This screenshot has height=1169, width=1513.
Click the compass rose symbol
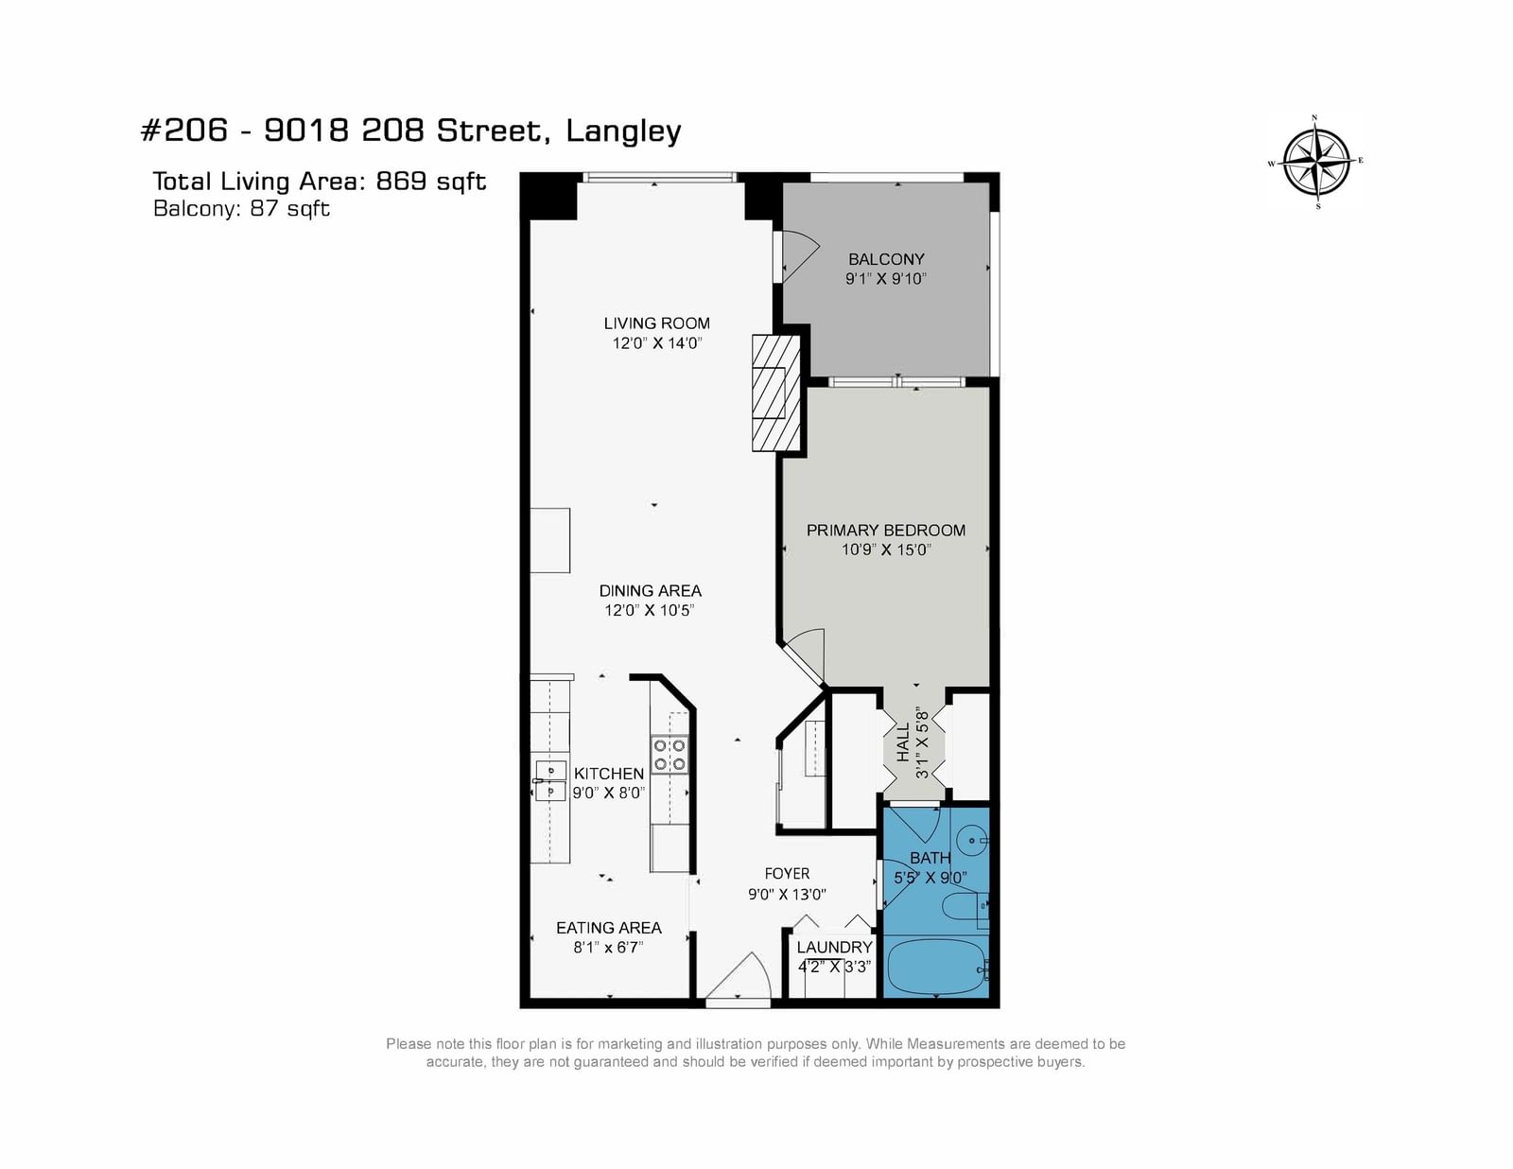1316,163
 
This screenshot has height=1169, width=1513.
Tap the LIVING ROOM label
656,323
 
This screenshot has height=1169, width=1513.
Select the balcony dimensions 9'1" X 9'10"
886,278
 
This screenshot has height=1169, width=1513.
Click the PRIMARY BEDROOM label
886,530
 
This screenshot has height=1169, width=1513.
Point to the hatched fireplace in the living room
775,393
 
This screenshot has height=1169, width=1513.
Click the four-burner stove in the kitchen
670,756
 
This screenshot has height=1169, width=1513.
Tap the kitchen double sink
550,780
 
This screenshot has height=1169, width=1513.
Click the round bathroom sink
972,841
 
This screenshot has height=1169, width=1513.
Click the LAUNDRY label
834,947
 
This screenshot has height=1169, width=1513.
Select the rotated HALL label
903,742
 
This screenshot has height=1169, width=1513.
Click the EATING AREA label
609,928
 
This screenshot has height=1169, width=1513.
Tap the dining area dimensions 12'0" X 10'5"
650,610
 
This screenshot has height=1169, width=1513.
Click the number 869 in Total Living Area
401,181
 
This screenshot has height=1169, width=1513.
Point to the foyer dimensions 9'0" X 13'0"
787,894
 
